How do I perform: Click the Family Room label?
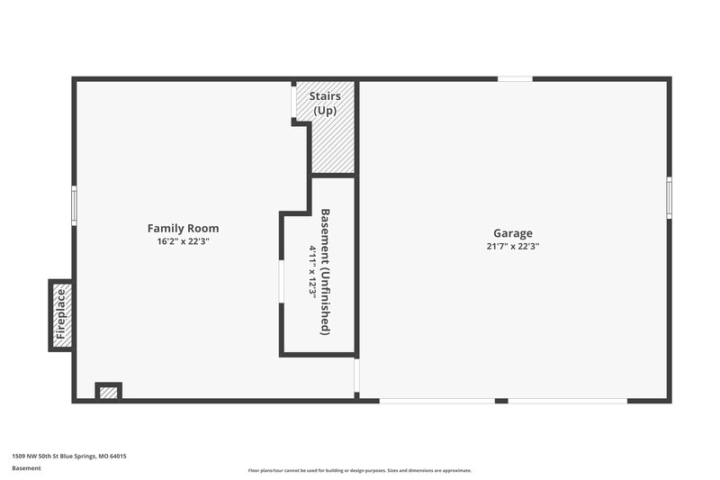pos(183,229)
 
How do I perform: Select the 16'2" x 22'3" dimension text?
pos(183,242)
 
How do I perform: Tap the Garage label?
pos(512,232)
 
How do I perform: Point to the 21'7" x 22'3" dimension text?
pos(512,246)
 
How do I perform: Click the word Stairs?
pos(325,95)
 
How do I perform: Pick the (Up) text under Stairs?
pos(325,110)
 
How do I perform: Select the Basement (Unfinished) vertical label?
pos(326,272)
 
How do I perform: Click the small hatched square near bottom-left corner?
pos(108,392)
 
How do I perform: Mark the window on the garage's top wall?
pos(515,79)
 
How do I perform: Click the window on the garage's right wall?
pos(669,197)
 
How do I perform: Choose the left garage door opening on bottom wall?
pos(436,401)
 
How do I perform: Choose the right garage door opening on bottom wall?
pos(567,401)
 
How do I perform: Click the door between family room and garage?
pos(356,376)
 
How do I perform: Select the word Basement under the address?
pos(26,469)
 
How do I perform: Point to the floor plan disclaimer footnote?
pos(360,470)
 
